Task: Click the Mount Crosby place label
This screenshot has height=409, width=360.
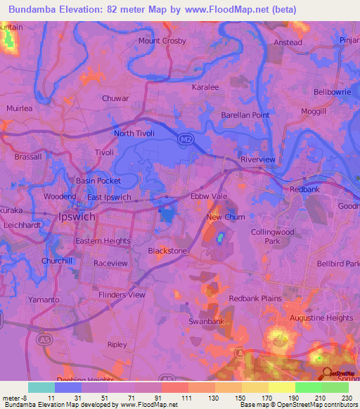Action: (162, 41)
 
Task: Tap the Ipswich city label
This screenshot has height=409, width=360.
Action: (73, 218)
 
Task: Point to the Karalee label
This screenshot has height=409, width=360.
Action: (205, 87)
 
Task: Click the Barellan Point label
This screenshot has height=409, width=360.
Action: (245, 115)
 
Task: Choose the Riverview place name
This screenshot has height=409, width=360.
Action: (258, 160)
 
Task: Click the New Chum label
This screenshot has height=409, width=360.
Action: (225, 217)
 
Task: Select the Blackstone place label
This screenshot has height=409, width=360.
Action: (167, 250)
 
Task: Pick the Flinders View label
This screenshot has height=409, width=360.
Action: (122, 294)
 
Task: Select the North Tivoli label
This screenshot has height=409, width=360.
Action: (134, 133)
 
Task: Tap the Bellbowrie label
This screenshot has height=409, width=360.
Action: (332, 92)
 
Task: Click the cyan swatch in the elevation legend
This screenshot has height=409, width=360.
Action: (41, 387)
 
